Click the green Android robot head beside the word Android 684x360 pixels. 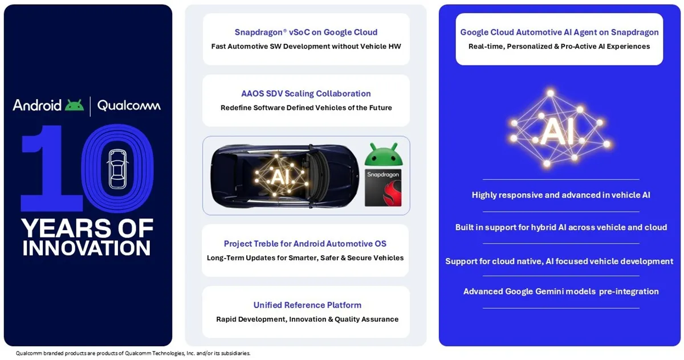(x=74, y=105)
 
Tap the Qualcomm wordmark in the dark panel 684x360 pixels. (x=129, y=106)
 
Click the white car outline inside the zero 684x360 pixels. (x=117, y=169)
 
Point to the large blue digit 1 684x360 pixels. (x=51, y=168)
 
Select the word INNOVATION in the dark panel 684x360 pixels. (x=87, y=248)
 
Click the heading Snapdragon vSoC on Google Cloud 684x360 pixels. (x=306, y=32)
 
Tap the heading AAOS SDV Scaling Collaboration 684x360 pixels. (x=306, y=93)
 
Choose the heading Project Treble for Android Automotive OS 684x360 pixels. (x=305, y=243)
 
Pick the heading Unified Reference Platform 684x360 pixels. (x=307, y=305)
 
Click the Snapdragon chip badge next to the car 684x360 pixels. (x=383, y=187)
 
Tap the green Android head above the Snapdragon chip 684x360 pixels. (x=384, y=154)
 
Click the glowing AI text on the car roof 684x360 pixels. (x=280, y=177)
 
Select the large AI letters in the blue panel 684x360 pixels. (x=557, y=131)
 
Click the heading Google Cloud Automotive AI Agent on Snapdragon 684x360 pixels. (x=559, y=32)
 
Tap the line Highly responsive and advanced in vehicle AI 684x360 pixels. (x=561, y=195)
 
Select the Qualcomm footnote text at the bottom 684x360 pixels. (x=133, y=353)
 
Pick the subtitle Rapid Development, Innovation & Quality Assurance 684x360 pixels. (x=307, y=319)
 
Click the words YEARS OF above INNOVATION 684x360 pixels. (x=87, y=228)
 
